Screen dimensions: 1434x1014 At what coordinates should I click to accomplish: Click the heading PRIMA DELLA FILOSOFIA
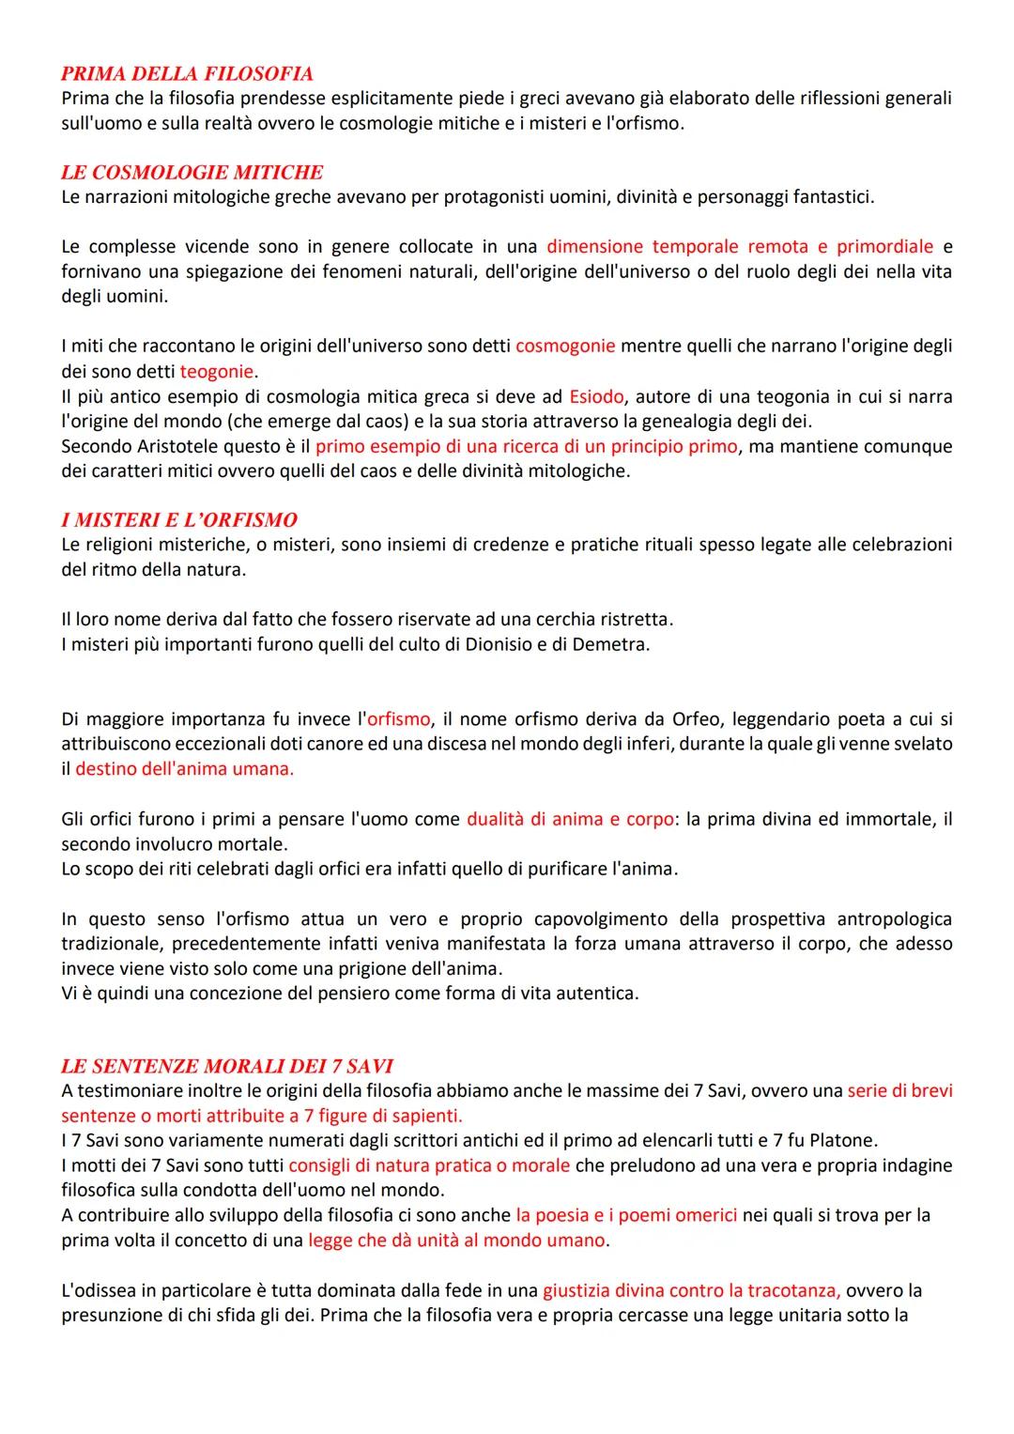187,73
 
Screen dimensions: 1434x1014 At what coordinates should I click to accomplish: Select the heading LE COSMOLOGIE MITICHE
192,172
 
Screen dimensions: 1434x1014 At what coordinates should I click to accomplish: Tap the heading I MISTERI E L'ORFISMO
178,519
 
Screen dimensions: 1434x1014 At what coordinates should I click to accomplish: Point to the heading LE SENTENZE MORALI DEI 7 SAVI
226,1066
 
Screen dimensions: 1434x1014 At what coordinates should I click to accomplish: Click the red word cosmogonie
565,346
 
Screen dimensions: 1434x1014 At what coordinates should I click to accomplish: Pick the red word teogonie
218,371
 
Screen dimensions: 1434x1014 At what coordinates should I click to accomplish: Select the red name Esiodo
596,396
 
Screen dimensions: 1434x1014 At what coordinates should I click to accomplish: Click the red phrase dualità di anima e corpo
570,819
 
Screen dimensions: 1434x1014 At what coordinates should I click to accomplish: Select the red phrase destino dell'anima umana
184,768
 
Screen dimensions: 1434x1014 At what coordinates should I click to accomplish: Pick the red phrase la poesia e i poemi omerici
626,1215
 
